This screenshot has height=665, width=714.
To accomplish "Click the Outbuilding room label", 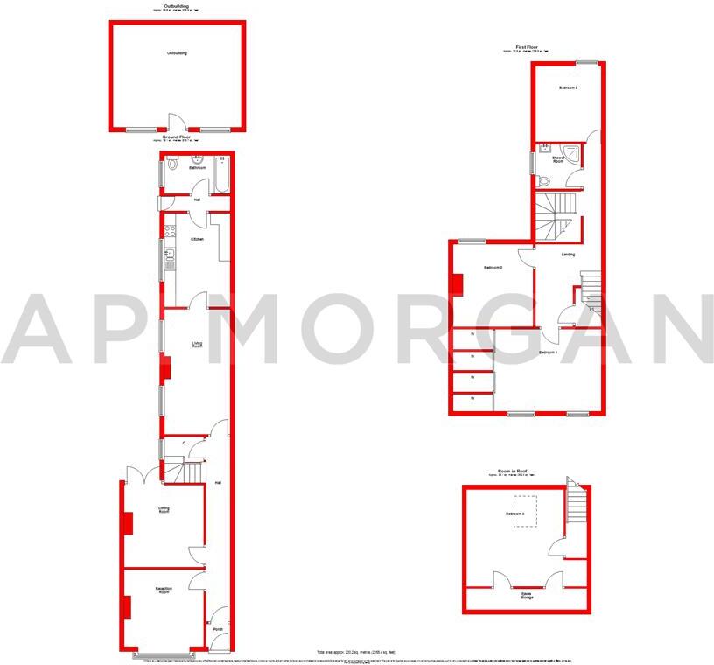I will pyautogui.click(x=177, y=53).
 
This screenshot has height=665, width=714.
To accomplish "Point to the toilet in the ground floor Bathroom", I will pyautogui.click(x=172, y=163).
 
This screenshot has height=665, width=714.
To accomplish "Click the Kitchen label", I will pyautogui.click(x=197, y=238).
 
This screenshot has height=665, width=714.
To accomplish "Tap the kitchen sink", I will pyautogui.click(x=168, y=255).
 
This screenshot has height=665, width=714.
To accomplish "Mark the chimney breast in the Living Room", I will pyautogui.click(x=164, y=371).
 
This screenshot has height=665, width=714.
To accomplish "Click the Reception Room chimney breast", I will pyautogui.click(x=128, y=606).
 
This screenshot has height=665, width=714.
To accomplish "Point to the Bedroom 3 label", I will pyautogui.click(x=568, y=88).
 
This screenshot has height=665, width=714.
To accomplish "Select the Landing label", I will pyautogui.click(x=568, y=255).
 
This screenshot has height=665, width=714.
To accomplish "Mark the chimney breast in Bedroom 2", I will pyautogui.click(x=457, y=285).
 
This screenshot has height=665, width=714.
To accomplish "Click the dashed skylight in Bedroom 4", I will pyautogui.click(x=525, y=513).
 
